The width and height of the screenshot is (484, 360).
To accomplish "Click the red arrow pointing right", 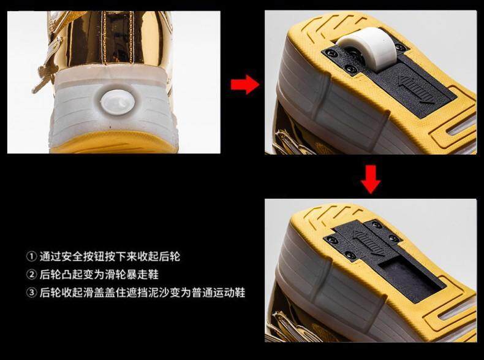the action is click(x=245, y=85).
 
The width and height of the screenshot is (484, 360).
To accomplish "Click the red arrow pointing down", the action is click(x=371, y=179).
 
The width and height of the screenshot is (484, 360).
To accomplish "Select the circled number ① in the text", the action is click(x=31, y=256).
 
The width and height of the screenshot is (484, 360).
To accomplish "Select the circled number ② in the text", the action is click(x=31, y=274).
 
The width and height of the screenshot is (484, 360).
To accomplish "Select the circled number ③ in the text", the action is click(x=31, y=293).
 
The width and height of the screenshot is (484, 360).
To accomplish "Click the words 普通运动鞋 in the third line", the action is click(x=218, y=293).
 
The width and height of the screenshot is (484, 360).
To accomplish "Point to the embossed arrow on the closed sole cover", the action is click(x=369, y=243).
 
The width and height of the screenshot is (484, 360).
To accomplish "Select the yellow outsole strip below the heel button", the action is click(x=114, y=143).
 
